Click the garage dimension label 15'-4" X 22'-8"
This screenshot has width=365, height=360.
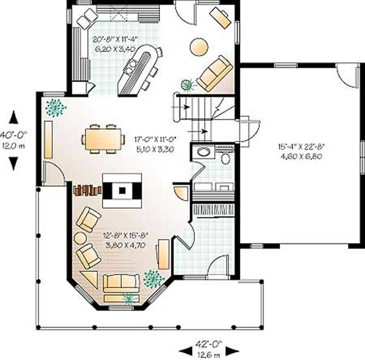301,147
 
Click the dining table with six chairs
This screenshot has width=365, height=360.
104,138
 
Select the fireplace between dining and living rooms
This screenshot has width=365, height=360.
122,191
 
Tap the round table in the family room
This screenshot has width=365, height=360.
199,47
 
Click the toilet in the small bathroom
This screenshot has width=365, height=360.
225,158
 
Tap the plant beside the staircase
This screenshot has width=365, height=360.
186,84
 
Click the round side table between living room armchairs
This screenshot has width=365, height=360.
80,238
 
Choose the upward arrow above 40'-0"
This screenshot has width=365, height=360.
14,117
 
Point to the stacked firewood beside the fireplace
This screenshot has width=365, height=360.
87,189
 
